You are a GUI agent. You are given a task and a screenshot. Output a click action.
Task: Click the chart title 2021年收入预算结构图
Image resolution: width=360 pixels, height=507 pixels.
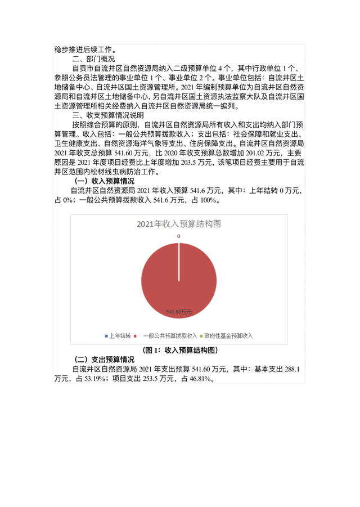pyautogui.click(x=179, y=224)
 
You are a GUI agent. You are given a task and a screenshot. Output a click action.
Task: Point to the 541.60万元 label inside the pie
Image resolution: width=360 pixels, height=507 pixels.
pyautogui.click(x=179, y=311)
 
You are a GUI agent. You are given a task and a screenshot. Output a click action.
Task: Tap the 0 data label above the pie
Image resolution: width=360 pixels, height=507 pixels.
pyautogui.click(x=179, y=236)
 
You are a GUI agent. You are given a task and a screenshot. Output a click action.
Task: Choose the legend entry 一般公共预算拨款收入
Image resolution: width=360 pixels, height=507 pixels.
pyautogui.click(x=170, y=335)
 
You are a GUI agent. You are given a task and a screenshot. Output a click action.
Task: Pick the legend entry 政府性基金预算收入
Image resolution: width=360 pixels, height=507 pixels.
pyautogui.click(x=228, y=335)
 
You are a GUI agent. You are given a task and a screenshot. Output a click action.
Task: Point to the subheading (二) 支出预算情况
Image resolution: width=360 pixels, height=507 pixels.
pyautogui.click(x=105, y=359)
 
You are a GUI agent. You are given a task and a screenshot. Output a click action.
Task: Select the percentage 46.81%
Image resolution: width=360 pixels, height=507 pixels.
pyautogui.click(x=201, y=379)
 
